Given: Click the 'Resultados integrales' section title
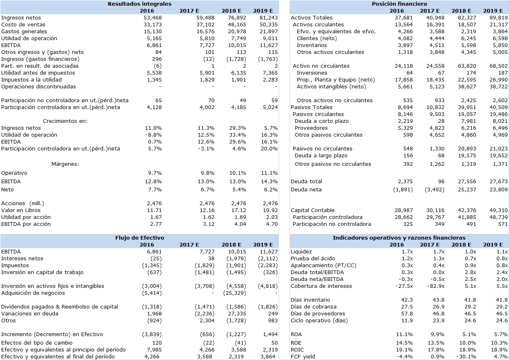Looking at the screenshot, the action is (140, 4).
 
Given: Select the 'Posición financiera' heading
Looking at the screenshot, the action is (399, 4).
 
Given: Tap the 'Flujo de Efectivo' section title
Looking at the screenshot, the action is (140, 238).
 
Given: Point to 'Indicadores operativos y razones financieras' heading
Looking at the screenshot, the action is (399, 238).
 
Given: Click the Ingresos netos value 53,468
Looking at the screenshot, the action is (152, 18).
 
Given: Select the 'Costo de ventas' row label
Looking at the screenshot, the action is (23, 25).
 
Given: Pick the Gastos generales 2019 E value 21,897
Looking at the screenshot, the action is (268, 32).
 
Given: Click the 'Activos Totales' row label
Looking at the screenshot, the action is (311, 18).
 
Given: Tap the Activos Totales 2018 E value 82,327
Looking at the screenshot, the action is (467, 18).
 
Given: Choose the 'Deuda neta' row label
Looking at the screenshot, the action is (306, 190).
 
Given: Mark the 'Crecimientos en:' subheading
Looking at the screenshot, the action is (65, 121).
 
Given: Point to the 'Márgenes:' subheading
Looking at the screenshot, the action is (65, 164).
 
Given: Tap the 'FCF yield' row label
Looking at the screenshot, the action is (303, 357).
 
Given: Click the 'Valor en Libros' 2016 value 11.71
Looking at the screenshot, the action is (154, 210).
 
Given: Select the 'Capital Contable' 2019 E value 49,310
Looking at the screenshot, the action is (498, 210).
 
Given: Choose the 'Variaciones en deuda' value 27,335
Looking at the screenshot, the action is (237, 314).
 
